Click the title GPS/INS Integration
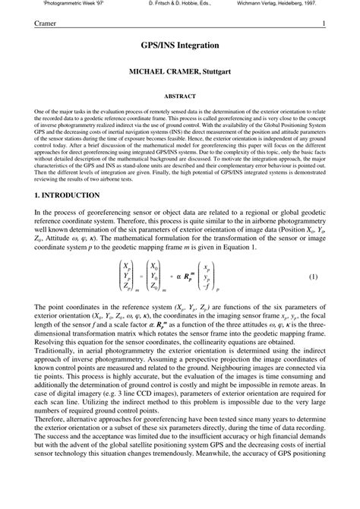180,46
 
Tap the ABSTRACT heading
180,96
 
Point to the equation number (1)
312,277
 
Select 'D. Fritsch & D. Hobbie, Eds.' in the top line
180,4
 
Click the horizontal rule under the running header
180,30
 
